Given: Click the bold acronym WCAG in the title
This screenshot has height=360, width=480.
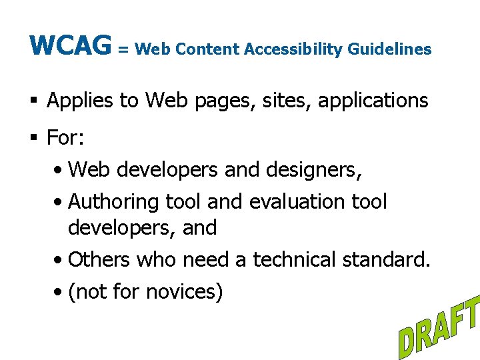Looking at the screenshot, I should tap(70, 46).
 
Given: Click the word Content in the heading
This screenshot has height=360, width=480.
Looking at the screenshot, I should tap(215, 49).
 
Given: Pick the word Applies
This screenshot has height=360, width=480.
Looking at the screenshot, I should tap(81, 101).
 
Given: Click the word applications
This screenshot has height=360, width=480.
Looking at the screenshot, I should tap(373, 101).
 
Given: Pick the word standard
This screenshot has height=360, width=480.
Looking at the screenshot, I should tap(391, 259).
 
